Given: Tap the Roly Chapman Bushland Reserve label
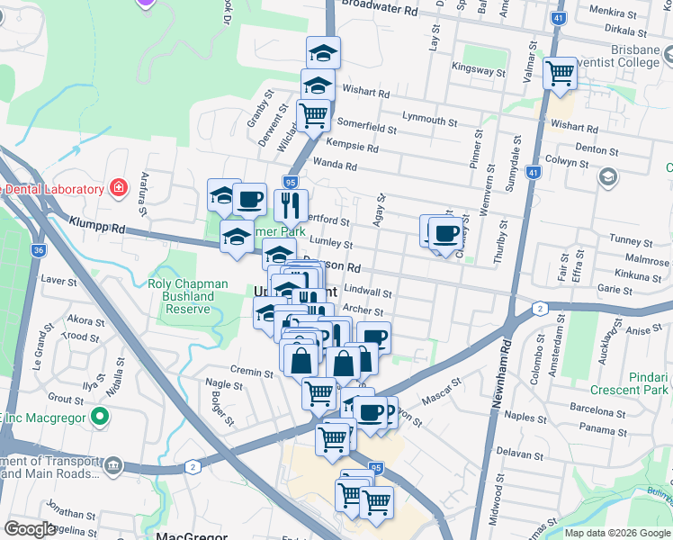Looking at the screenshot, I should click(x=181, y=296).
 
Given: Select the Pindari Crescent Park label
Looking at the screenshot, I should click(x=629, y=382).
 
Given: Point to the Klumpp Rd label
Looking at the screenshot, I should click(x=94, y=225).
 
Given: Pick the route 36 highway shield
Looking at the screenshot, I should click(x=37, y=251).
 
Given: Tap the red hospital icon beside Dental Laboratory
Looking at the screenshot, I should click(x=117, y=188).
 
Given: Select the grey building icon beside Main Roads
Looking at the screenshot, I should click(x=113, y=465).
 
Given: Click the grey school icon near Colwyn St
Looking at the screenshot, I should click(x=607, y=177).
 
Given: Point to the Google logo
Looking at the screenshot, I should click(x=31, y=529).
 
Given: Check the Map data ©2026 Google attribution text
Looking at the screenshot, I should click(x=616, y=533).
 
